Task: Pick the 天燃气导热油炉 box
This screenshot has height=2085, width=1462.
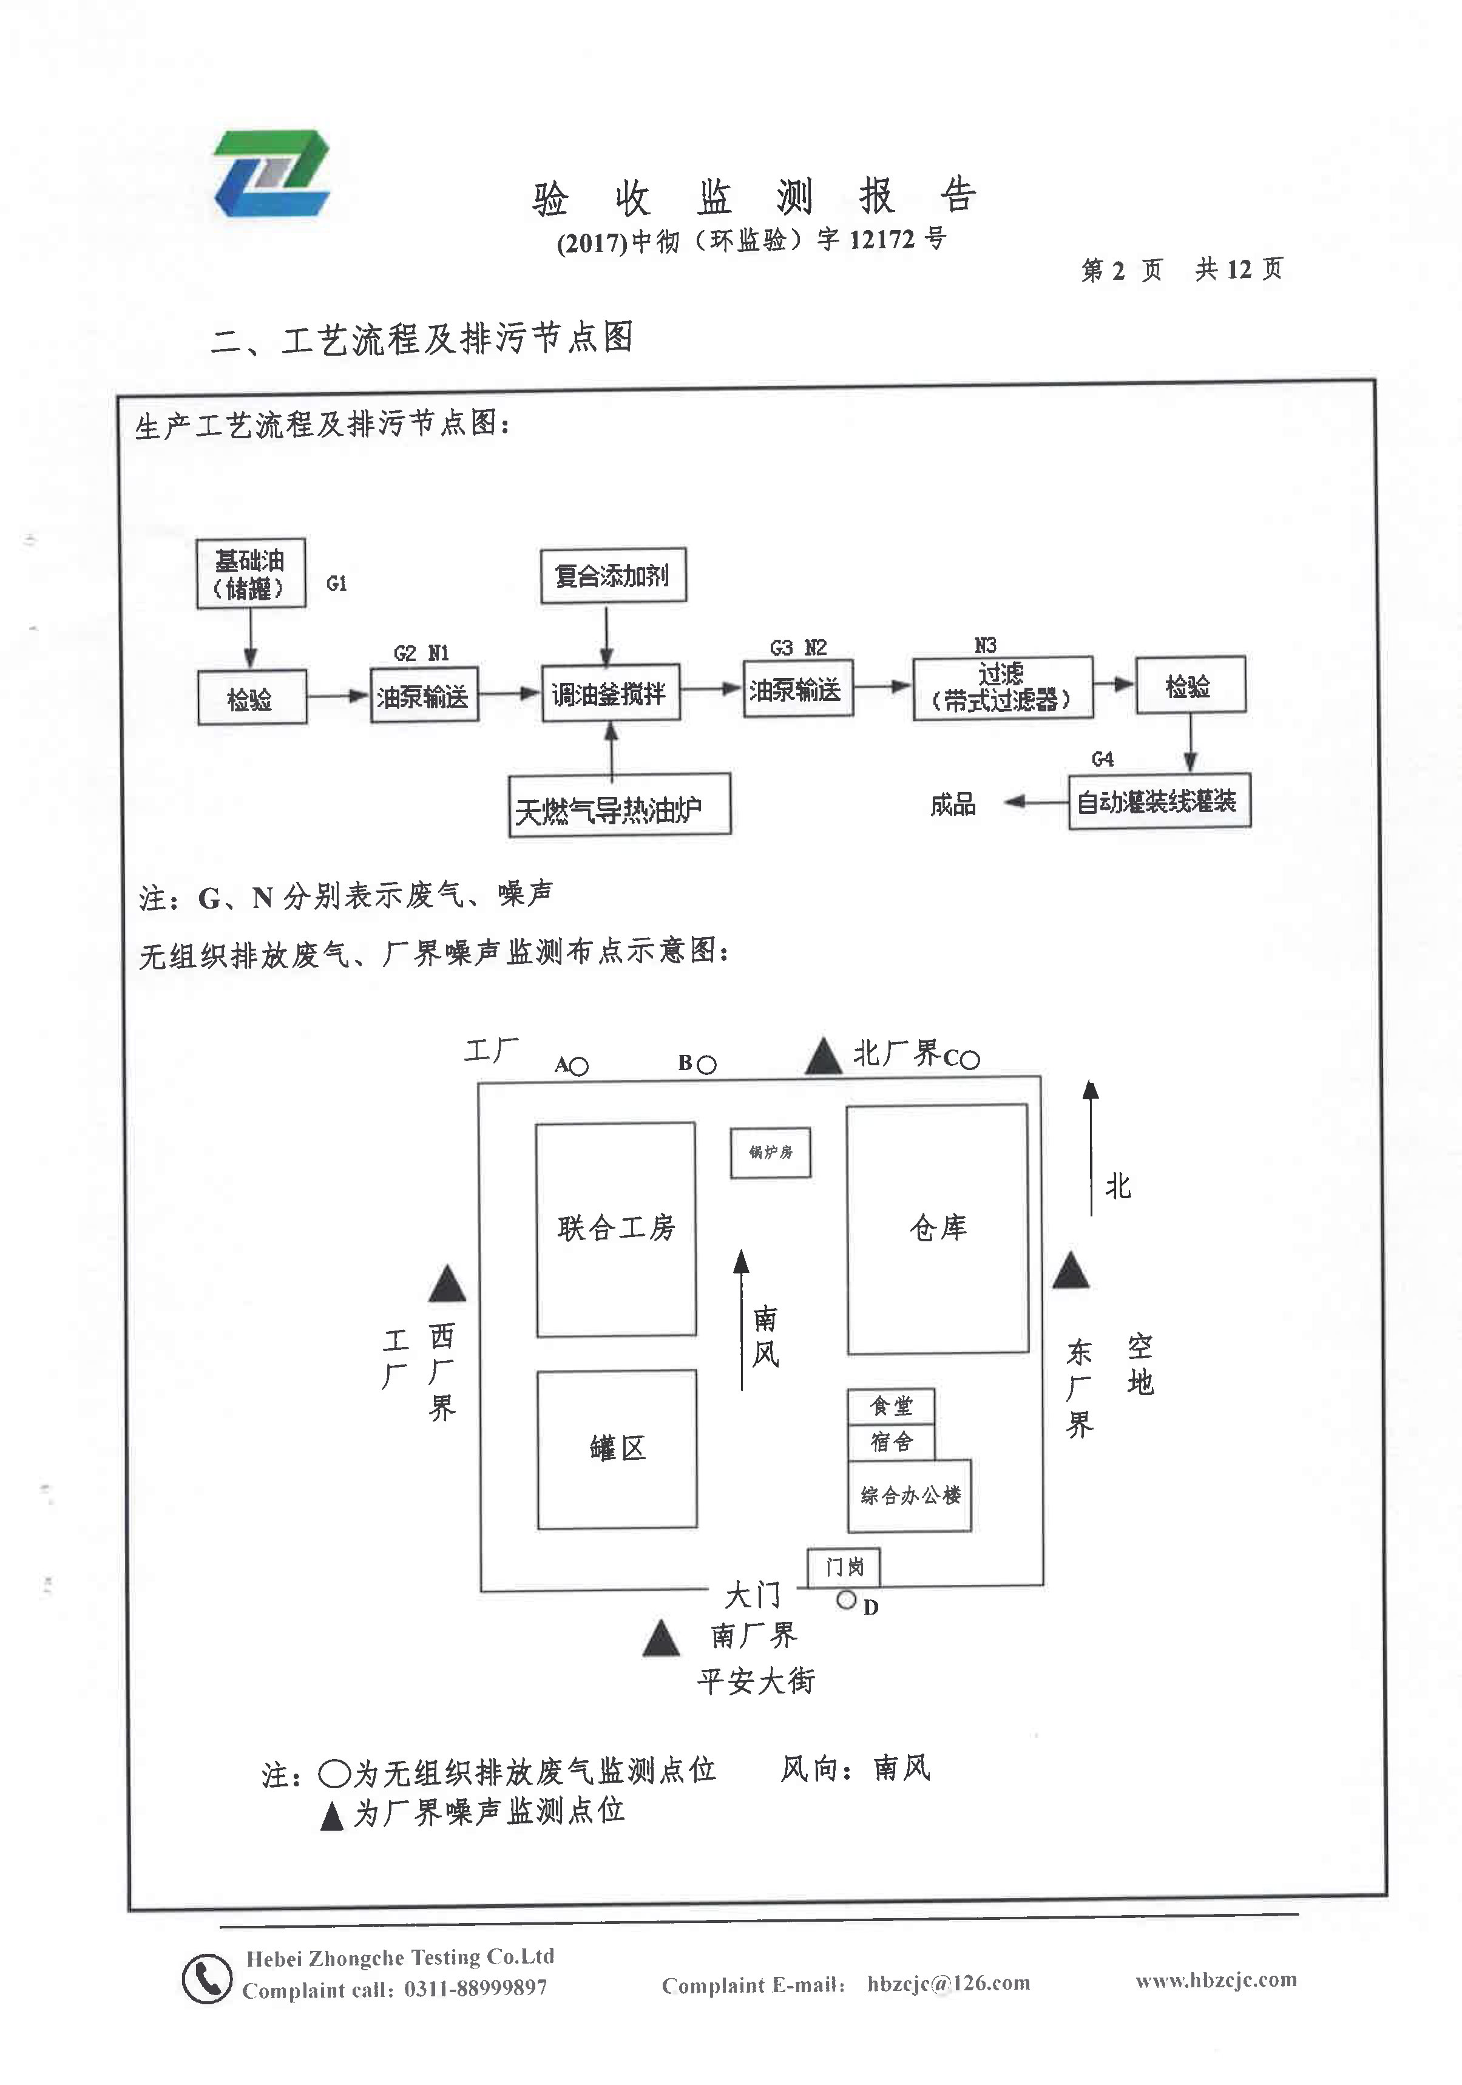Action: coord(619,805)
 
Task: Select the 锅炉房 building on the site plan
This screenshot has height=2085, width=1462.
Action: coord(770,1153)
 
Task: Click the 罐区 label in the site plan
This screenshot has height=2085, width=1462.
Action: coord(617,1448)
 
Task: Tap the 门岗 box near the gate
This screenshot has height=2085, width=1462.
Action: coord(843,1567)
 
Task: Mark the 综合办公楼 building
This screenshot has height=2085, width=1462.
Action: coord(909,1495)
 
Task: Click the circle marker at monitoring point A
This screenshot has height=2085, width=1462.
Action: coord(578,1066)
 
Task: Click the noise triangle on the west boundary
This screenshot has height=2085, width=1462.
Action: coord(446,1284)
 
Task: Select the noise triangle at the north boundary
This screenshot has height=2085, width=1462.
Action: coord(823,1057)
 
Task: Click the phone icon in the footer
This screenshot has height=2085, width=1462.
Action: coord(206,1979)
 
